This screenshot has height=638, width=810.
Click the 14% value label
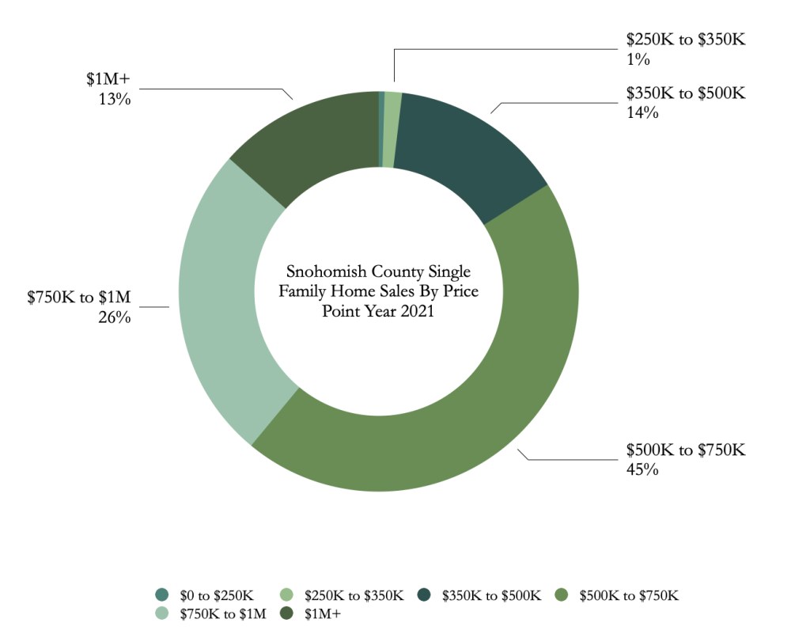tap(642, 112)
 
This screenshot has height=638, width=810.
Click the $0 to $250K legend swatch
tap(162, 594)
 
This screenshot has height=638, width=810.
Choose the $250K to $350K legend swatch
tap(289, 594)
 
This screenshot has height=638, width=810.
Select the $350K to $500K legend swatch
tap(425, 594)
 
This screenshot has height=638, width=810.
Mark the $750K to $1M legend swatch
tap(162, 613)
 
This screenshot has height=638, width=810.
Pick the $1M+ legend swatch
tap(289, 613)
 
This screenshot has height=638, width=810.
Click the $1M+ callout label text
tap(108, 81)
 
